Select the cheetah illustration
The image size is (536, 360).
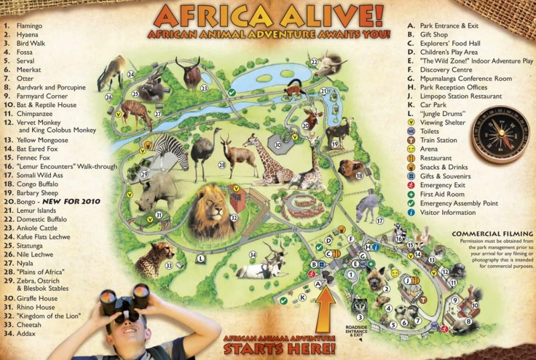(x=154, y=258)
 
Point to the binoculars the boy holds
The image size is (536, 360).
(x=124, y=301)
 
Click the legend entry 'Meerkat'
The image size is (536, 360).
(x=25, y=70)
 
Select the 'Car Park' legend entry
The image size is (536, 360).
(x=433, y=105)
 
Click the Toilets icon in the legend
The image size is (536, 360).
(x=412, y=131)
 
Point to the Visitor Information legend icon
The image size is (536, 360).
(x=412, y=213)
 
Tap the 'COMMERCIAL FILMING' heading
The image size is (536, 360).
(x=492, y=234)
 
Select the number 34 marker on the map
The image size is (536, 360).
(x=253, y=254)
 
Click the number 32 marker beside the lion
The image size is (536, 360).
(x=234, y=218)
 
